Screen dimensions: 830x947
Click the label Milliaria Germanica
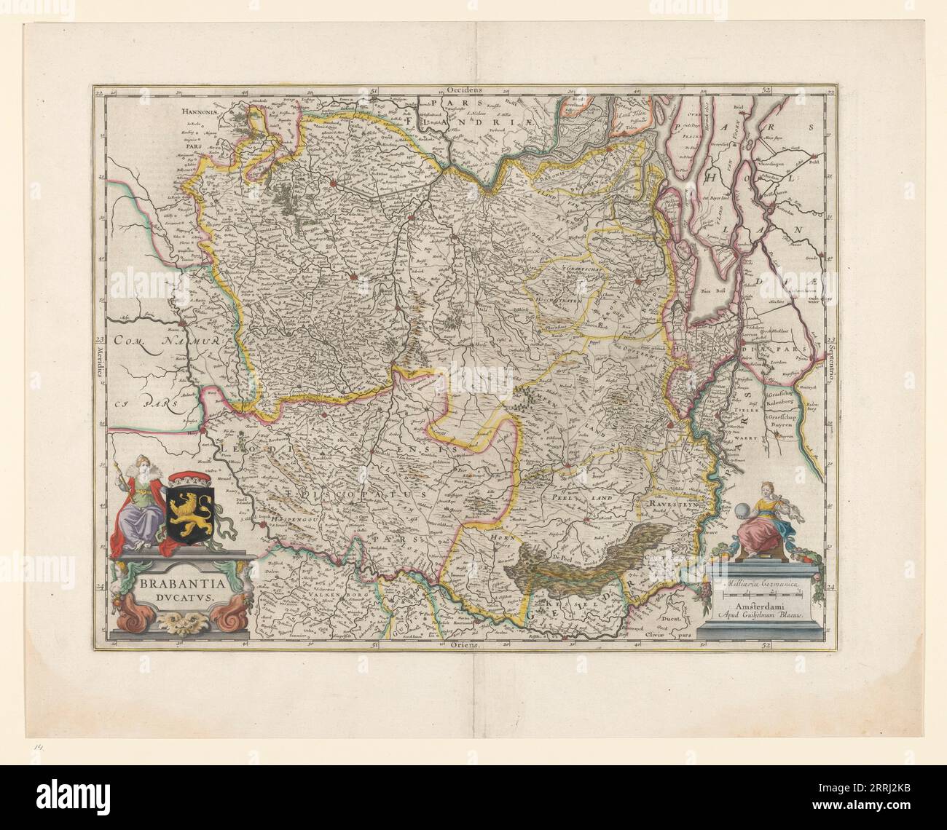pos(760,583)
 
